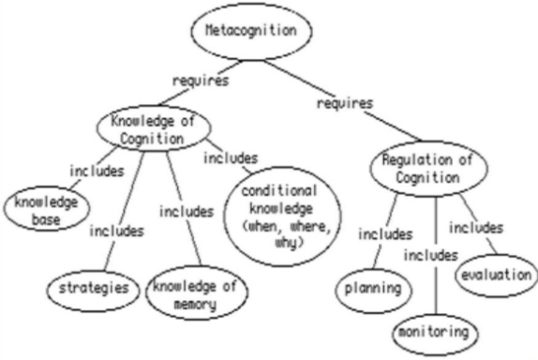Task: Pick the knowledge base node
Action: [x=41, y=208]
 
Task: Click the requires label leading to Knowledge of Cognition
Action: [x=201, y=82]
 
